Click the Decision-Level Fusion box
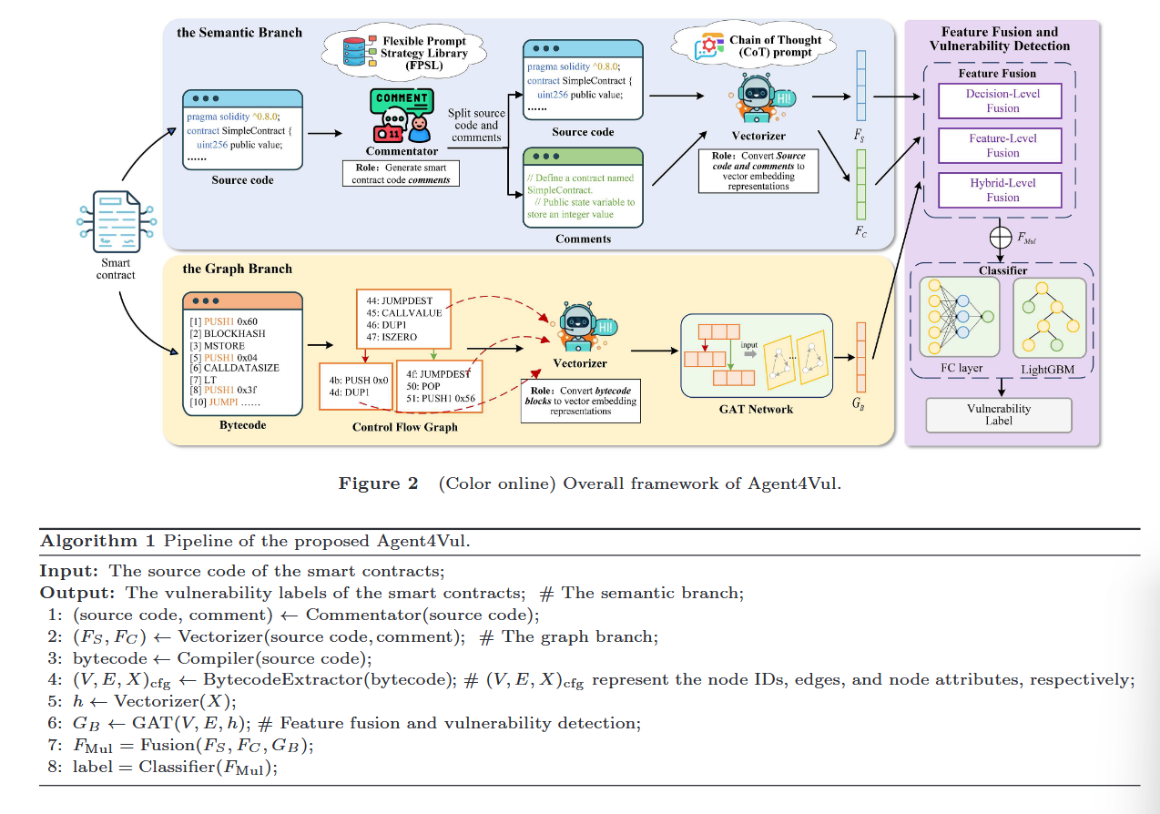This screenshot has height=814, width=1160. pos(1002,101)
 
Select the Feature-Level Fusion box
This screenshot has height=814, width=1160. pos(1002,146)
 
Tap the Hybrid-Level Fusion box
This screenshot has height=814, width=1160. pos(1002,190)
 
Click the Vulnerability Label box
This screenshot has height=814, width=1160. pos(998,415)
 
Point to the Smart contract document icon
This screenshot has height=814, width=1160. pos(116,219)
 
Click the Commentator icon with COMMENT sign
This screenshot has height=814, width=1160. pos(402,115)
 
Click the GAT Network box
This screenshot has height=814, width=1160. pos(757,354)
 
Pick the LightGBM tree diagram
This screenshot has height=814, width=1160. pos(1049,318)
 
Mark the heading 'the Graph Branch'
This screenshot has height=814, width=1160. pos(238,269)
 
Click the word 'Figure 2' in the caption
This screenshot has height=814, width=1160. pos(378,483)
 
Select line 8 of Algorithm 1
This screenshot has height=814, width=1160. pos(164,768)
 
